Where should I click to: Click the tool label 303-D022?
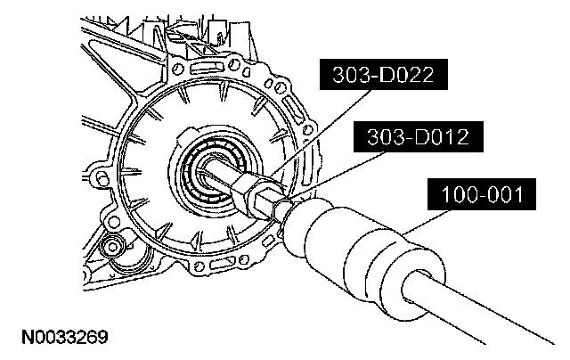(x=384, y=75)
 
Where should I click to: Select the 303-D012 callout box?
(x=419, y=136)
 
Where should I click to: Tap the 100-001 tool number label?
(x=482, y=194)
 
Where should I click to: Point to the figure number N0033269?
(x=65, y=337)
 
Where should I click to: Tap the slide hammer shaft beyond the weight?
(x=484, y=309)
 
